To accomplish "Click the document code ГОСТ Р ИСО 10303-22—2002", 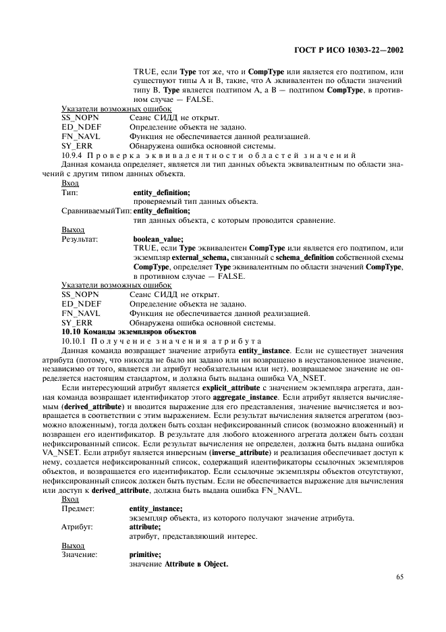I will point(364,50).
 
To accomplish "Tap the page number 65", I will point(399,577).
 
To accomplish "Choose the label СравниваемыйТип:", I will point(96,211).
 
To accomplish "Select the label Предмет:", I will point(78,508).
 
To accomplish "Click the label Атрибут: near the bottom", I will point(78,526).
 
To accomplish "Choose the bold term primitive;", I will point(145,554).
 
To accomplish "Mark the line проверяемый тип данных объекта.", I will point(196,202).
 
